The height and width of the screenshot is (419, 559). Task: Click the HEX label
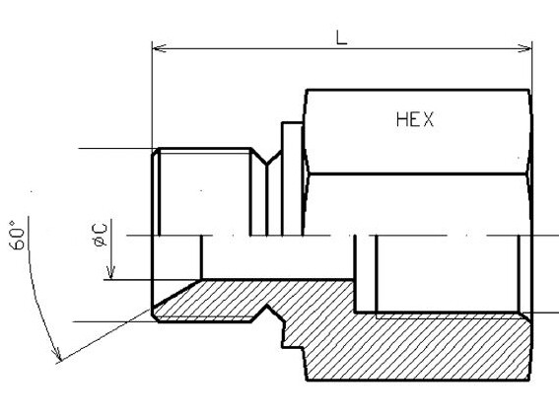pyautogui.click(x=415, y=119)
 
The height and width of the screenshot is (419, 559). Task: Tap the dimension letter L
pyautogui.click(x=342, y=37)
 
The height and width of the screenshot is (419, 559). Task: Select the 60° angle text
pyautogui.click(x=17, y=235)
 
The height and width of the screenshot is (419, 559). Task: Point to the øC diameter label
pyautogui.click(x=100, y=235)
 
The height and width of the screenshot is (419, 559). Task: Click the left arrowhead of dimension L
pyautogui.click(x=159, y=48)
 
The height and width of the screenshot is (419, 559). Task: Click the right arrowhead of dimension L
pyautogui.click(x=524, y=48)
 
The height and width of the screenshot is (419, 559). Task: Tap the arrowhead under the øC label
pyautogui.click(x=110, y=273)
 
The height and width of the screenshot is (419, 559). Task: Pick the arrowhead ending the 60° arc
pyautogui.click(x=57, y=354)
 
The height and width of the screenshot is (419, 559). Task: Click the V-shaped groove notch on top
pyautogui.click(x=266, y=158)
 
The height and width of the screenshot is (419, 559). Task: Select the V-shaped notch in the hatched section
pyautogui.click(x=266, y=313)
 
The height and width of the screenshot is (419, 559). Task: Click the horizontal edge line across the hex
pyautogui.click(x=417, y=175)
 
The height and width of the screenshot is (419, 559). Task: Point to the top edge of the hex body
pyautogui.click(x=418, y=90)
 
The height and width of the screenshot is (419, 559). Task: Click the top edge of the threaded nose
pyautogui.click(x=205, y=148)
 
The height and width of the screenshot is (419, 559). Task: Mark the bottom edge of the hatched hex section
pyautogui.click(x=418, y=380)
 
